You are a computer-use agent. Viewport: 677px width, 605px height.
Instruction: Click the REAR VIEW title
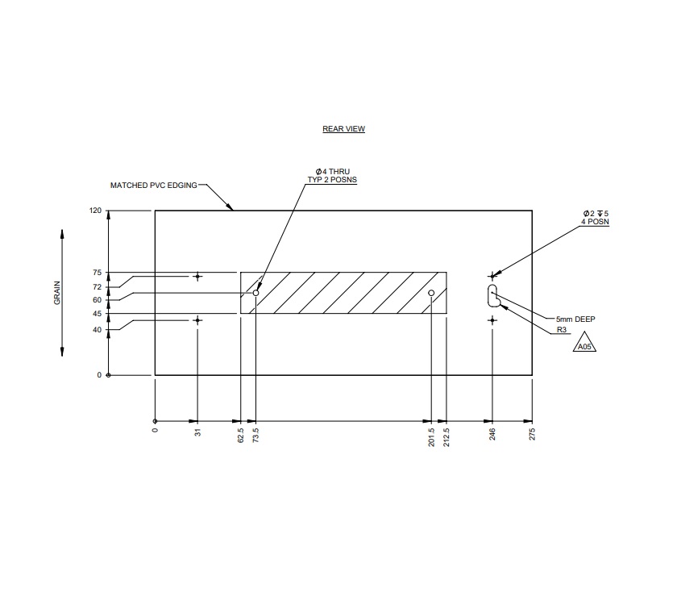point(343,129)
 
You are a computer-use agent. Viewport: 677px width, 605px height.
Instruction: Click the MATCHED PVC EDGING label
point(153,186)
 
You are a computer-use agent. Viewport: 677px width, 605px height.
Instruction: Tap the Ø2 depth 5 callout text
point(596,213)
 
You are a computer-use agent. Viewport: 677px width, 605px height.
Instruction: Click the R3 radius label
point(562,330)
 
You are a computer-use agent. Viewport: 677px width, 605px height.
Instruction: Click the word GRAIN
point(57,292)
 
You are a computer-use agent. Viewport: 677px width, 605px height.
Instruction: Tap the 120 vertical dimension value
point(96,211)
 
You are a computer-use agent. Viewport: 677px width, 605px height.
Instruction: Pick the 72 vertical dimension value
point(97,287)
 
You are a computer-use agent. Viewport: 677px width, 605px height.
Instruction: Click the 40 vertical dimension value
point(97,329)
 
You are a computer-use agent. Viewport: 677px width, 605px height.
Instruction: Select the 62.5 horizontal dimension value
point(240,436)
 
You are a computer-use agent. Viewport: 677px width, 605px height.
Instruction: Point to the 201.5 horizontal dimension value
point(431,438)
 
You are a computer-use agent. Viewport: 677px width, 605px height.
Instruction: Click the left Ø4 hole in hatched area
point(255,293)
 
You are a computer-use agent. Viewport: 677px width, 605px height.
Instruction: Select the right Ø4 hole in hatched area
point(431,293)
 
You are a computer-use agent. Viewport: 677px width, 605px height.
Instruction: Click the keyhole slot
point(492,295)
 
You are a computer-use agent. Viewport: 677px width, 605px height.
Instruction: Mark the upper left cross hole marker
point(197,277)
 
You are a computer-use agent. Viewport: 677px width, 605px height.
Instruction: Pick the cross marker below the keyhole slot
point(492,320)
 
